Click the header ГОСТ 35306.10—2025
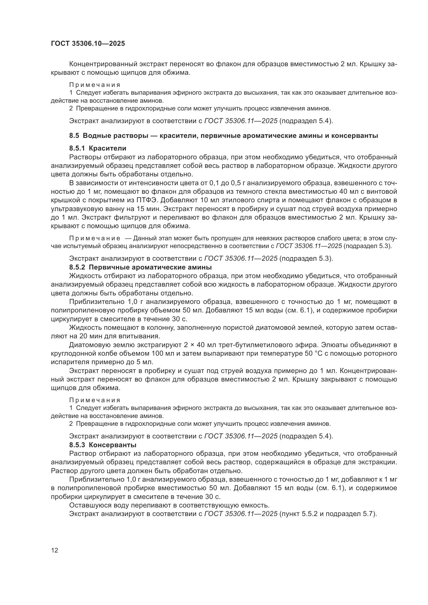tap(88, 44)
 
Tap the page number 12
tap(55, 550)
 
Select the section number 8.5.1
tap(77, 148)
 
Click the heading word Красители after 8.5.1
tap(108, 148)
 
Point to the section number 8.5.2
tap(77, 267)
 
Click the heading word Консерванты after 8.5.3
tap(113, 445)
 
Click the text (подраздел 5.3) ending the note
tap(367, 246)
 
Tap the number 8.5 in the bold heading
tap(74, 136)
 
